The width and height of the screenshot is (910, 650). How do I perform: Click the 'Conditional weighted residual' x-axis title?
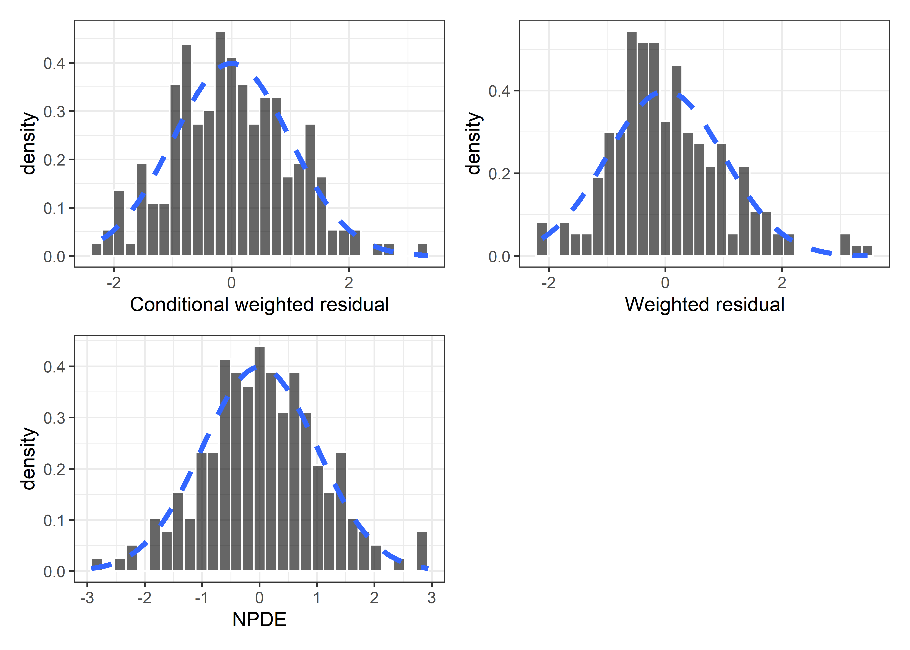(259, 305)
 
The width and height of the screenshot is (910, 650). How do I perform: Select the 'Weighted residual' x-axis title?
(704, 305)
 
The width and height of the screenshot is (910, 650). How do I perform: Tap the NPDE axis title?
(259, 620)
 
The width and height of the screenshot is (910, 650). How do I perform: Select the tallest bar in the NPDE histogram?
(259, 458)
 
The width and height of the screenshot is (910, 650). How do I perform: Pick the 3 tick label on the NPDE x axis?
(431, 598)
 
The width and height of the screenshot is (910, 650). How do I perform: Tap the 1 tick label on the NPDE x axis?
(317, 598)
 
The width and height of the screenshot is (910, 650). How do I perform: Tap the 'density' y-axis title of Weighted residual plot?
(474, 143)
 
